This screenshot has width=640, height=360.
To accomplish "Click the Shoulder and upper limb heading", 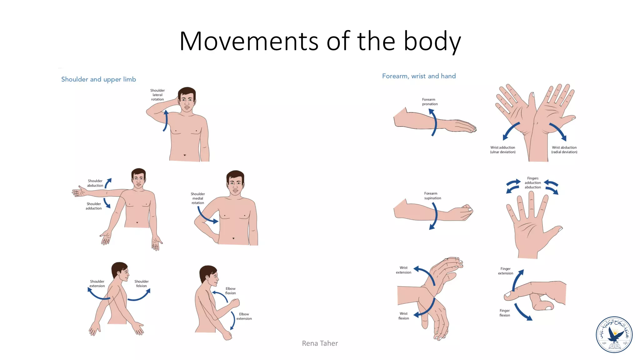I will pyautogui.click(x=98, y=79).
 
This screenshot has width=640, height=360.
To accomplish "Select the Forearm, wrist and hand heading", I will pyautogui.click(x=419, y=76).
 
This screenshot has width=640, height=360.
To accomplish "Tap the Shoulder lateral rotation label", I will pyautogui.click(x=157, y=95).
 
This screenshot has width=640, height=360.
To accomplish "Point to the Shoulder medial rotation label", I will pyautogui.click(x=197, y=198).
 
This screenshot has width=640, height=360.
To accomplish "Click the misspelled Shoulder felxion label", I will pyautogui.click(x=141, y=283).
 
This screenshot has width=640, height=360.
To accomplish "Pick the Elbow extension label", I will pyautogui.click(x=244, y=316).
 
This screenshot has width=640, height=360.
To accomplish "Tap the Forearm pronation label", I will pyautogui.click(x=430, y=102).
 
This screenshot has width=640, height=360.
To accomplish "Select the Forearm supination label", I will pyautogui.click(x=432, y=196).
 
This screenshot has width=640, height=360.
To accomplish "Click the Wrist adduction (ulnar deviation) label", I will pyautogui.click(x=502, y=150).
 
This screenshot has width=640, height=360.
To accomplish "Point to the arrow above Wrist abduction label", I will pyautogui.click(x=558, y=131).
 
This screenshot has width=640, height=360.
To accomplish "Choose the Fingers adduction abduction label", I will pyautogui.click(x=532, y=182).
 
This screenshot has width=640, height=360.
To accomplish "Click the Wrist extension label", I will pyautogui.click(x=403, y=270).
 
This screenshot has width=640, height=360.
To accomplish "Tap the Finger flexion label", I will pyautogui.click(x=504, y=313).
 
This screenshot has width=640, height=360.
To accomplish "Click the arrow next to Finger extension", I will pyautogui.click(x=517, y=280).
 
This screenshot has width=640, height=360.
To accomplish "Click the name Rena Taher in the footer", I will pyautogui.click(x=320, y=343).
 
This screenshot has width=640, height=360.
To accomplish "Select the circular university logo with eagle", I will pyautogui.click(x=614, y=334).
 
